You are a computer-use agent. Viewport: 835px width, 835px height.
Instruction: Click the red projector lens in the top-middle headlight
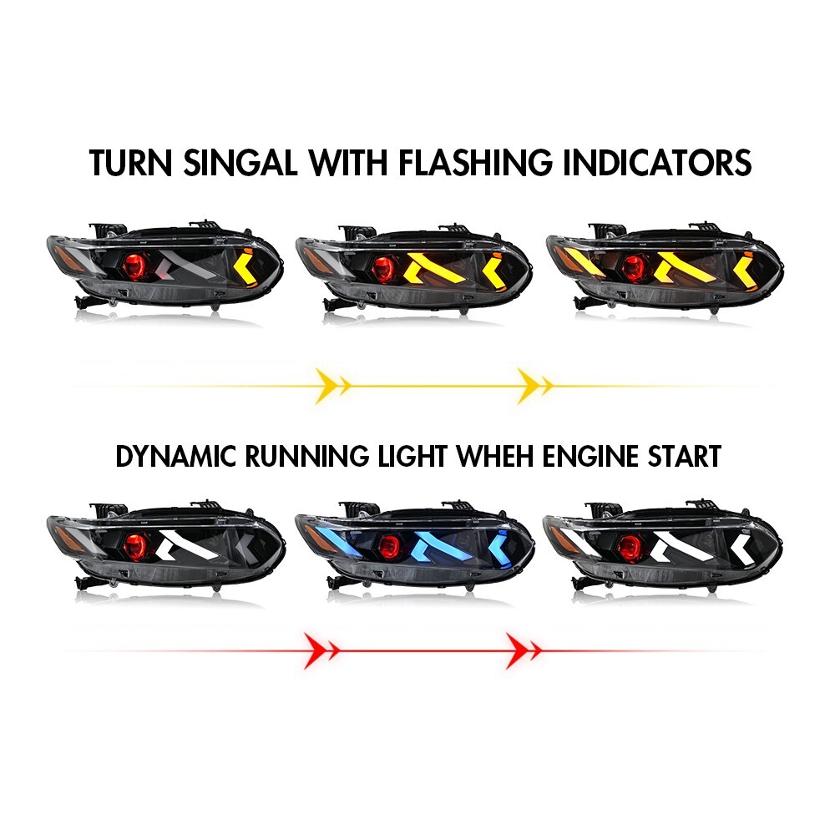pos(385,269)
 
